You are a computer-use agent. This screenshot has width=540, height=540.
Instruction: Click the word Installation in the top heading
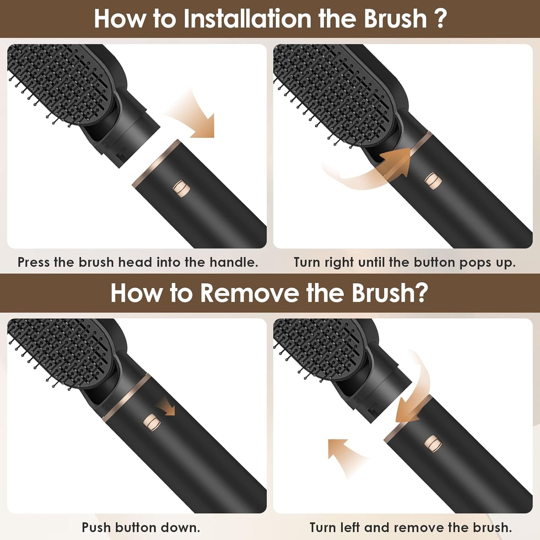coord(247,19)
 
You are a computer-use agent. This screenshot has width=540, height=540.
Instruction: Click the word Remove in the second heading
coord(249,293)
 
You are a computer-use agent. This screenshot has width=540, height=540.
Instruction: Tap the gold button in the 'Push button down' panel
coord(152,423)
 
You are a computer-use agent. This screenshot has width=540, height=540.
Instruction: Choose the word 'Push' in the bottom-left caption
coord(96,527)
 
